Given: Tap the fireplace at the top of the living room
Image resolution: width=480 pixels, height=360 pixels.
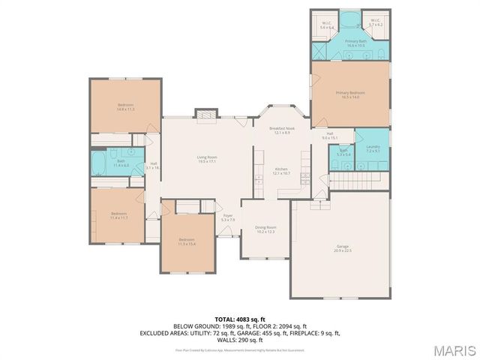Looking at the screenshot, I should [x=205, y=114].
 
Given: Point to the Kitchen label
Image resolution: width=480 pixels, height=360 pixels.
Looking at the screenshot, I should [x=281, y=170].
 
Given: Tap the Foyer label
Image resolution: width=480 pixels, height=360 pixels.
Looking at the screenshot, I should [x=228, y=217].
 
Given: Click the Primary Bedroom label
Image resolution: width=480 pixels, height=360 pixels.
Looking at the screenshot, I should [x=350, y=94].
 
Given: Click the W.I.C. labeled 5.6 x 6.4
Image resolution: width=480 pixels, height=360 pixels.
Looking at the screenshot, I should [x=327, y=25].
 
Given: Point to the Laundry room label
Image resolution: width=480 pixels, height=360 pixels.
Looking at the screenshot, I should [x=373, y=148].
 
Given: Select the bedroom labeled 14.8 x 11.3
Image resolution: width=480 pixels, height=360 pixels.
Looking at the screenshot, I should [x=125, y=106].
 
